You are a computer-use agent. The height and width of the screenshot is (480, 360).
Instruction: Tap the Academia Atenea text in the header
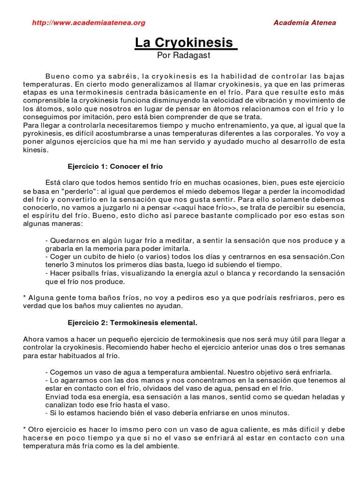coord(304,22)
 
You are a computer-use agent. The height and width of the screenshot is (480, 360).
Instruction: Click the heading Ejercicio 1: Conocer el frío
coord(115,166)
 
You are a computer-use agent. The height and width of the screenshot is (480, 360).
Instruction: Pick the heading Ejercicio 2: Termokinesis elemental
coord(133,323)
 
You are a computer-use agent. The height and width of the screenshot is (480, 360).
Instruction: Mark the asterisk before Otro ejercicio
coord(24,429)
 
